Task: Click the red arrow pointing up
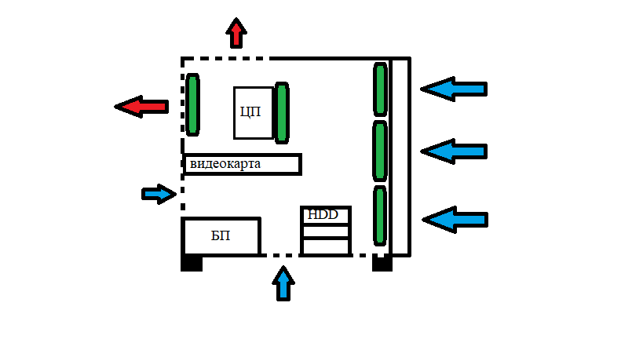click(x=236, y=33)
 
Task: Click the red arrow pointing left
click(x=141, y=107)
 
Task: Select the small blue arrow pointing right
click(x=159, y=194)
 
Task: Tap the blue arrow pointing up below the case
click(x=283, y=283)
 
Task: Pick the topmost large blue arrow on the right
click(x=454, y=89)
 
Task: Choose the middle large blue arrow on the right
click(x=454, y=151)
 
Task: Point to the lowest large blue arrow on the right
click(x=455, y=220)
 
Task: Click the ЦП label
click(x=250, y=111)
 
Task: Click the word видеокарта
click(x=225, y=164)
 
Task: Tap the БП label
click(x=221, y=235)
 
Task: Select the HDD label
click(x=323, y=214)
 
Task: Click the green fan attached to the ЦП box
click(x=282, y=113)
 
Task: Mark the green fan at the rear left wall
click(x=192, y=104)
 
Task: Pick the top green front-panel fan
click(x=380, y=89)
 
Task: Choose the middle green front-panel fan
click(x=380, y=151)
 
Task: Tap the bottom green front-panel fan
click(x=380, y=216)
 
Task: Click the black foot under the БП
click(x=192, y=263)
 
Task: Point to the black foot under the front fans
click(x=382, y=264)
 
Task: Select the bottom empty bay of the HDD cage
click(x=326, y=246)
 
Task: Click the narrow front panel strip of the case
click(x=400, y=157)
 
